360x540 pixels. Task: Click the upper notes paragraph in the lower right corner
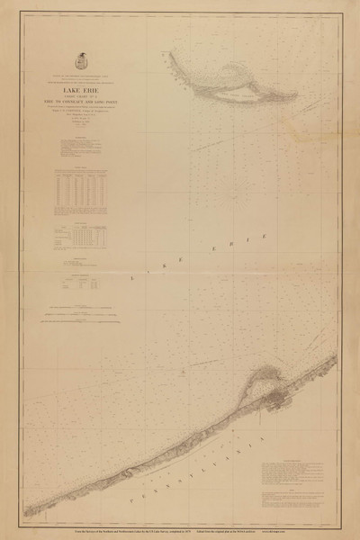(x=297, y=471)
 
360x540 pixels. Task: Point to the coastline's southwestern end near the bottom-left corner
(x=26, y=514)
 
